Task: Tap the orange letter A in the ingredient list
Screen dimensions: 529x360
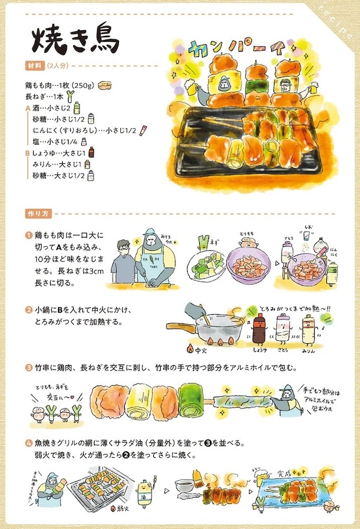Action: [x=27, y=108]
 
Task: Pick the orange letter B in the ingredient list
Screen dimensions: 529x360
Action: [x=27, y=153]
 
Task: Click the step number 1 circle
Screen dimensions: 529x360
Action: [x=28, y=236]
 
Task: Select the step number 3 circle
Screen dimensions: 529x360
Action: [x=28, y=368]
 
